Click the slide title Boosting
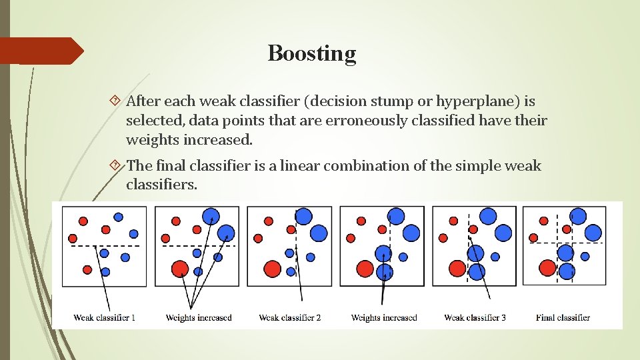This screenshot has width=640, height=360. (312, 53)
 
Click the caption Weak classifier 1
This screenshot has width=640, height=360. (105, 317)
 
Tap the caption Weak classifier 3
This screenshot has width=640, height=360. (475, 317)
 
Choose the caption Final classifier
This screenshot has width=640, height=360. (563, 317)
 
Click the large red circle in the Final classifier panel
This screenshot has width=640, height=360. (547, 268)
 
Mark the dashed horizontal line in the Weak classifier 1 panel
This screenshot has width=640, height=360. (105, 246)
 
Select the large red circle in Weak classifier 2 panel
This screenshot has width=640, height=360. (271, 269)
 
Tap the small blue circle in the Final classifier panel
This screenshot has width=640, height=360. (585, 256)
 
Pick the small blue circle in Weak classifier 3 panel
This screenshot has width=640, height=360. (495, 257)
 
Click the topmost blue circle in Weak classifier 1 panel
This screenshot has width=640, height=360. (118, 217)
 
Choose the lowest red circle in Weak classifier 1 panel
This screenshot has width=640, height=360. (87, 269)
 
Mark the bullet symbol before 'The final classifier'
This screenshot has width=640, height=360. (115, 165)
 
